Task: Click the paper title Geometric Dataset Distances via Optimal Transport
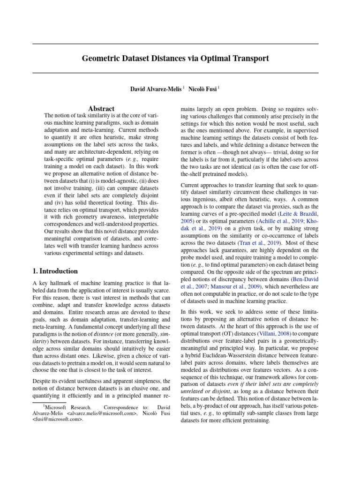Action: [x=175, y=59]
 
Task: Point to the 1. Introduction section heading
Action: [x=55, y=271]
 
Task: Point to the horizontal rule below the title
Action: [x=175, y=73]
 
